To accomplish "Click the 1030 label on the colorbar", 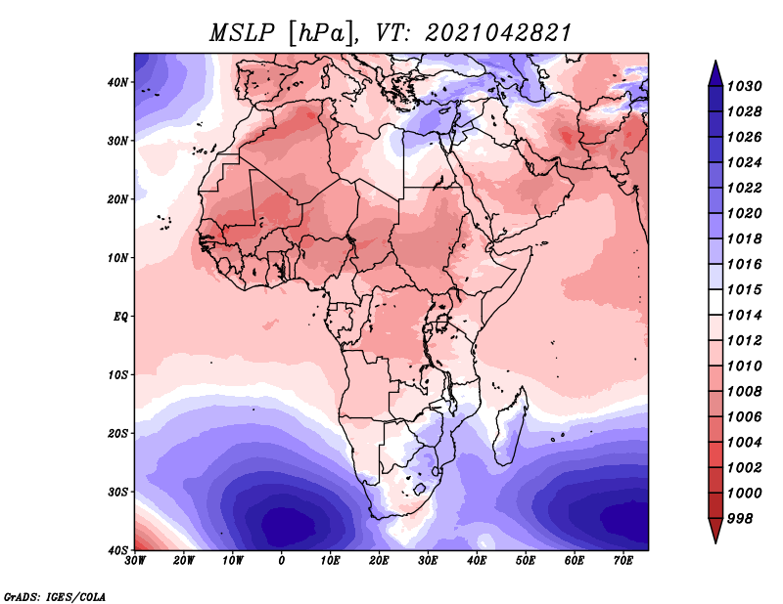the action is (x=744, y=86).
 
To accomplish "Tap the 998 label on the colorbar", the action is (x=740, y=519).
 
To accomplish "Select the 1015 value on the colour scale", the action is (x=744, y=289).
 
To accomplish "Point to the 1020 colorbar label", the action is (x=744, y=213).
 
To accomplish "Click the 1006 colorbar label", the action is (x=744, y=417).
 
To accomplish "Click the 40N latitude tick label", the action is (x=117, y=82).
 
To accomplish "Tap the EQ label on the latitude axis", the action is (x=120, y=317).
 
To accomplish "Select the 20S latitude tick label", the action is (x=117, y=433).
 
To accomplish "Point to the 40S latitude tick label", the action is (x=117, y=550).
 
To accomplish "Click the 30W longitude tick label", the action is (x=135, y=561).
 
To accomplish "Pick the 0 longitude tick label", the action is (x=282, y=561).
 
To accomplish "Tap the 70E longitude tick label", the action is (x=623, y=561).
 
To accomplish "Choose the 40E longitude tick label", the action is (x=477, y=561).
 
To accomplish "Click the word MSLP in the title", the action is (x=242, y=33).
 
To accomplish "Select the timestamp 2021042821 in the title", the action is (x=498, y=33).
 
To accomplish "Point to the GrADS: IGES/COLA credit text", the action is (x=55, y=596).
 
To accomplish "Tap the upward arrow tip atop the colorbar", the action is (x=715, y=61).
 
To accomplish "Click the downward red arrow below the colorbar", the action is (x=715, y=530).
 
